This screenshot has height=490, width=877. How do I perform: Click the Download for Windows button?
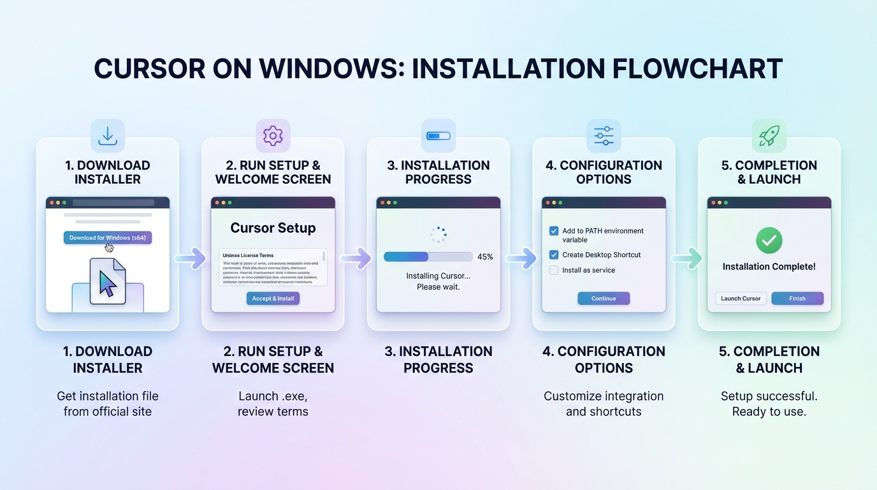point(107,238)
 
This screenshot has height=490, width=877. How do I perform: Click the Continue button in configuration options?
point(603,299)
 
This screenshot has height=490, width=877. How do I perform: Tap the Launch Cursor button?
point(741,299)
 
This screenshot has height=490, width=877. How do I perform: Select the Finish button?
point(797,299)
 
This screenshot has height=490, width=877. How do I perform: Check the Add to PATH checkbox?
point(554,231)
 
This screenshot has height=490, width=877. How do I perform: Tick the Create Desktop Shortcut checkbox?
point(554,255)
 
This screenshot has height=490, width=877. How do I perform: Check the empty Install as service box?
point(554,270)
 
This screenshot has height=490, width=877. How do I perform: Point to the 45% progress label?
point(485,256)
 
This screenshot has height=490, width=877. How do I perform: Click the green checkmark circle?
point(769,241)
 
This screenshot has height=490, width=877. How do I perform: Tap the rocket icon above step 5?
point(769,135)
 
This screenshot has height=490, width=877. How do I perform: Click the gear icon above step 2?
point(273,135)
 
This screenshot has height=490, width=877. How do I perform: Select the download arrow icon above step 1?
point(107,135)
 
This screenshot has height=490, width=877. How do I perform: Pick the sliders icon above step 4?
point(603,135)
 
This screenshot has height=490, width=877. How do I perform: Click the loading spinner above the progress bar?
point(438,234)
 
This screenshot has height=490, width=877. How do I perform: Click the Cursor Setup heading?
point(273,228)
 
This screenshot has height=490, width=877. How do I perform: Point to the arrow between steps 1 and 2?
point(190,258)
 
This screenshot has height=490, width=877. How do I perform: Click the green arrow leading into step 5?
point(686,258)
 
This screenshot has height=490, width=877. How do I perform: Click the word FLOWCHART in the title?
point(697,69)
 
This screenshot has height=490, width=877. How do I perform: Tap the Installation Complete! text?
point(769,267)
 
